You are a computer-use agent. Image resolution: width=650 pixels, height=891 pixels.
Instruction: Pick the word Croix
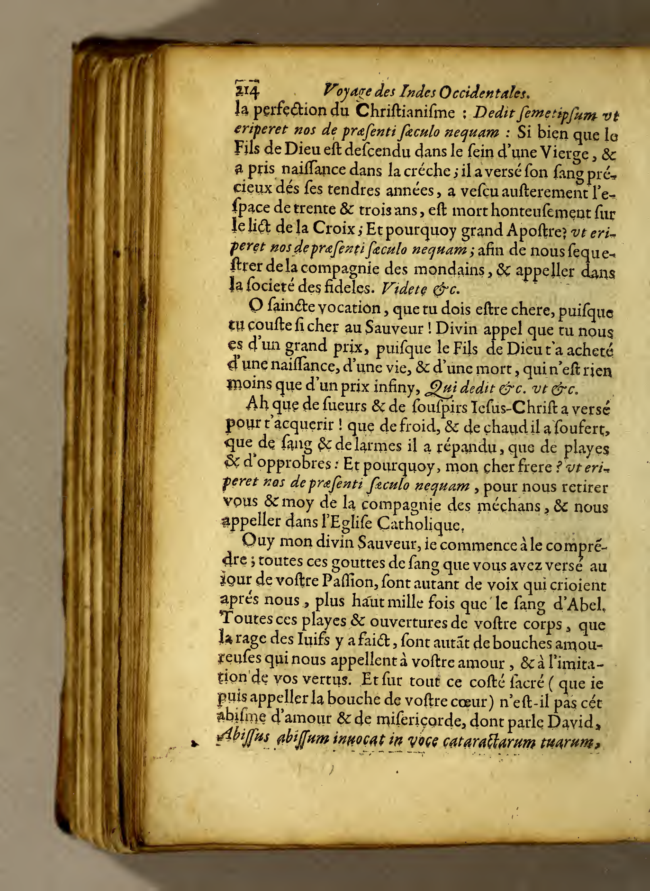coord(337,230)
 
